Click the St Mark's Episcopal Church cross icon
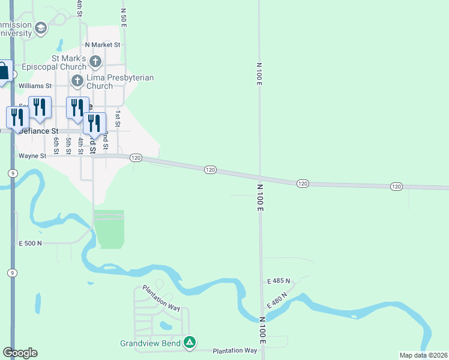click(95, 61)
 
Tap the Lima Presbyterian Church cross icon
click(77, 81)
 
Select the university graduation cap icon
click(41, 28)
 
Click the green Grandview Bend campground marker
click(190, 343)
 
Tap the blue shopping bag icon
click(4, 71)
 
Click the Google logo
click(20, 353)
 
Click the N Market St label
click(103, 44)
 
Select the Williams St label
click(35, 86)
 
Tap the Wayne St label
click(32, 156)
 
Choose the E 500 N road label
click(31, 243)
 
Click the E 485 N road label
click(279, 281)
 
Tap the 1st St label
click(118, 119)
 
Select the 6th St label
click(55, 146)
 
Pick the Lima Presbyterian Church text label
click(120, 82)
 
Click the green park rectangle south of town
click(109, 229)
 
